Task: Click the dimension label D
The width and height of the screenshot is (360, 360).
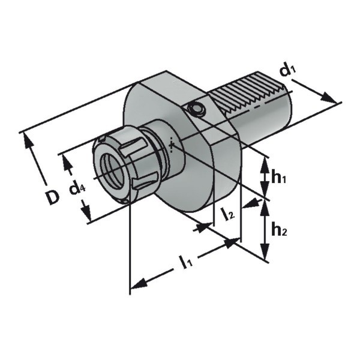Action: [52, 197]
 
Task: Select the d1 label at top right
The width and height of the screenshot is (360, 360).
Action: [287, 70]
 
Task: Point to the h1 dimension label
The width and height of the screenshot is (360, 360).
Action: [278, 177]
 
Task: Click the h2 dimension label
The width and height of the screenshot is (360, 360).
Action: [279, 230]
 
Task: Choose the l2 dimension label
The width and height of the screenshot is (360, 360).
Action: [227, 214]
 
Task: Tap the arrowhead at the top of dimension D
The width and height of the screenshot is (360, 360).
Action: [28, 141]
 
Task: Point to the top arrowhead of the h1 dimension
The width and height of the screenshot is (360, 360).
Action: [265, 166]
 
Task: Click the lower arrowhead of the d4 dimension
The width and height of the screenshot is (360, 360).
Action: [86, 211]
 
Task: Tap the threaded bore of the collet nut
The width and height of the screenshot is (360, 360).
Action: [113, 170]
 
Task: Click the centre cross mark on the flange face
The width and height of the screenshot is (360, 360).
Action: [171, 145]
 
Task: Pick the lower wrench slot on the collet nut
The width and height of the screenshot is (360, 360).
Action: [145, 181]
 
